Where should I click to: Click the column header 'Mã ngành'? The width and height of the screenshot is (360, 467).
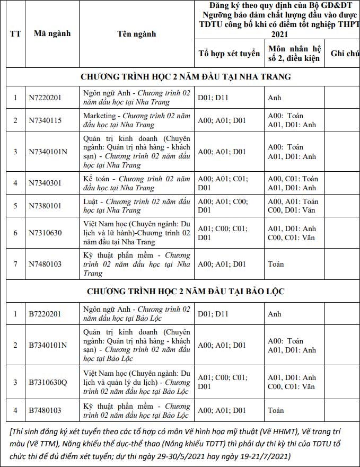coord(52,33)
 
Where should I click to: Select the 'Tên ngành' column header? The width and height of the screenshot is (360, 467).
coord(136,33)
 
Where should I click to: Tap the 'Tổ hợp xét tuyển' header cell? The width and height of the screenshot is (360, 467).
coord(229,53)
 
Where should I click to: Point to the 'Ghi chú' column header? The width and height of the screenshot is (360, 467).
coord(345,53)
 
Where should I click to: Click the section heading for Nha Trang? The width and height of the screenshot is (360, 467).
coord(186,76)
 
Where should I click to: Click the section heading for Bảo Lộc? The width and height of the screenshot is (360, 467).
coord(186,292)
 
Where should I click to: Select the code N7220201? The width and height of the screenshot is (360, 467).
coord(45,98)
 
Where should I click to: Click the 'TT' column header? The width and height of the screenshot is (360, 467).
coord(15,33)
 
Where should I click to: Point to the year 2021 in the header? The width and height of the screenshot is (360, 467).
coord(279,34)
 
